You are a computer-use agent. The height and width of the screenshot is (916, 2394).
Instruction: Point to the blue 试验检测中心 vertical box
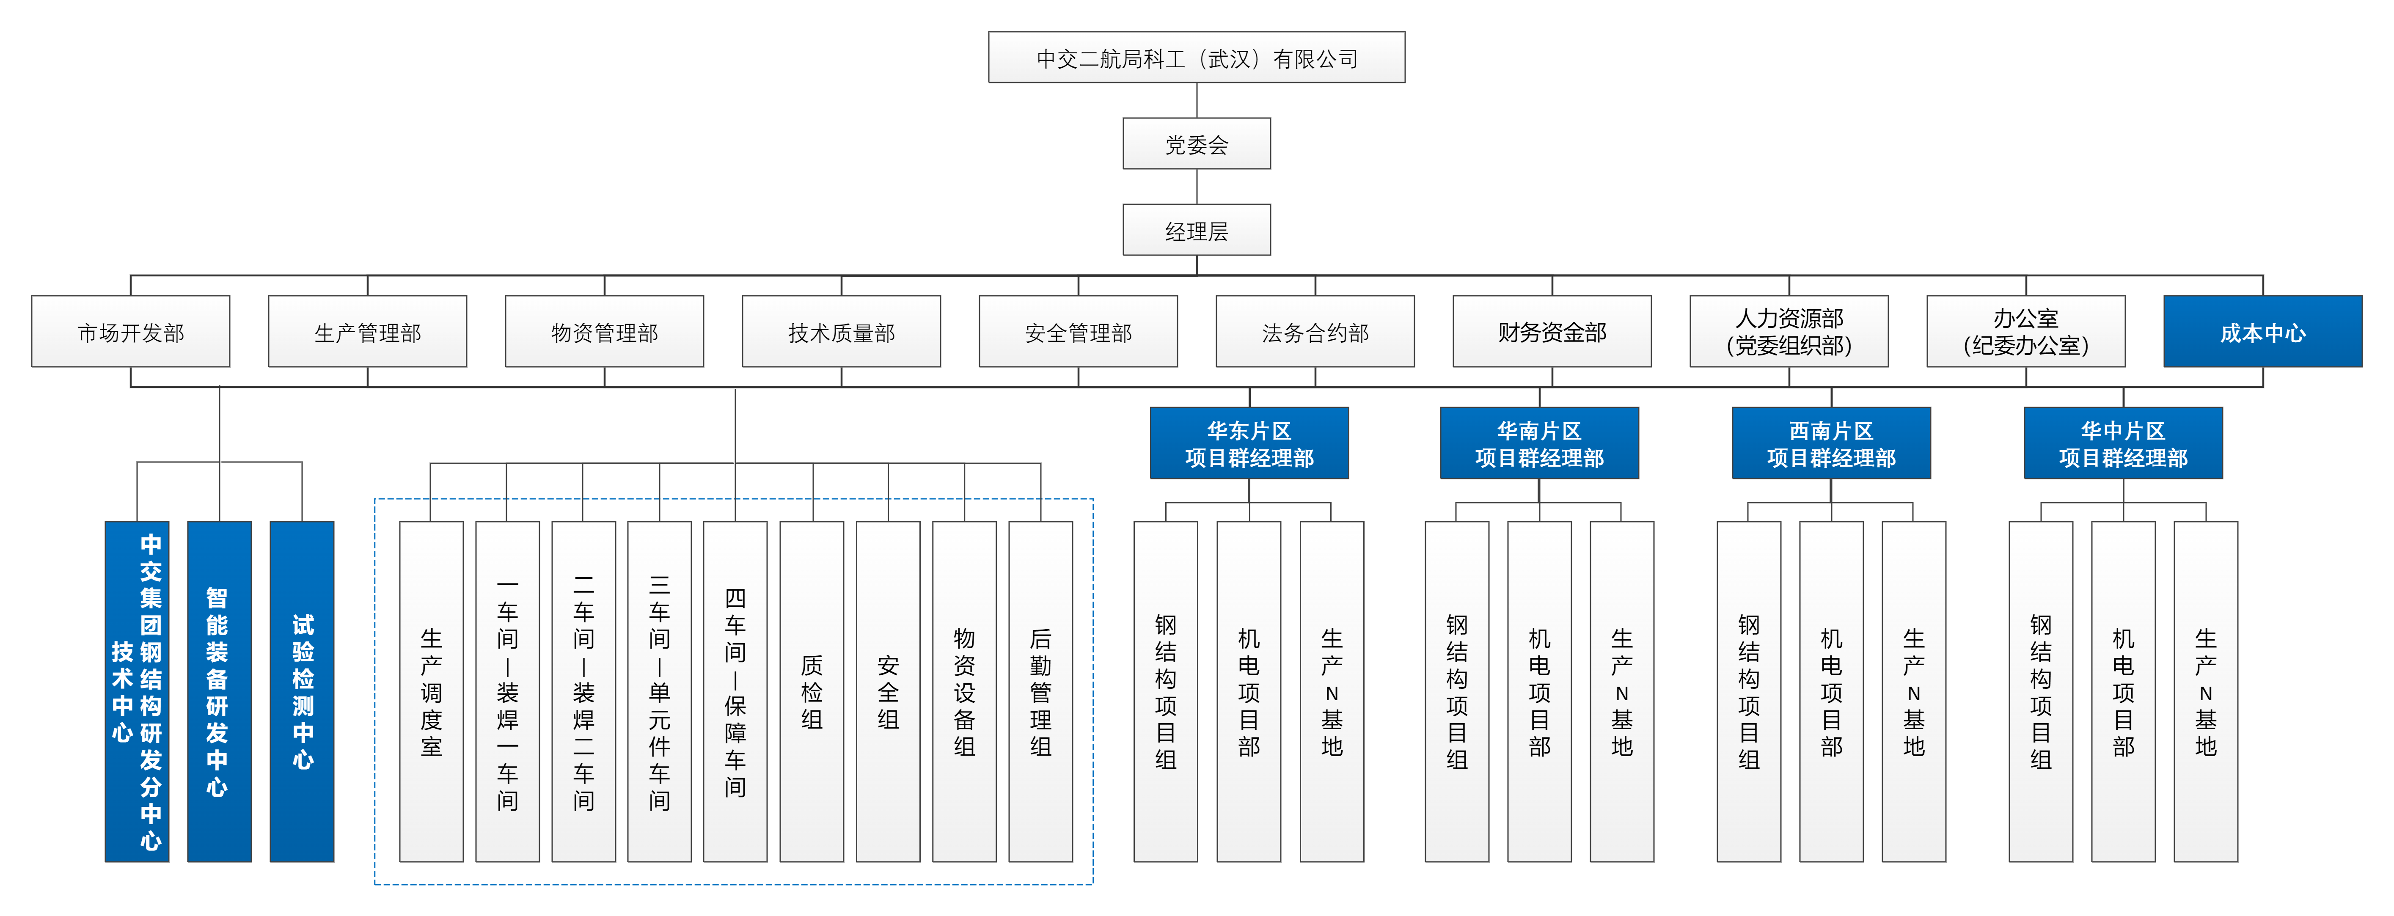click(302, 691)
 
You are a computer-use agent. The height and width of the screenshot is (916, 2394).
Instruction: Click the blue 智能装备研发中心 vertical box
click(219, 691)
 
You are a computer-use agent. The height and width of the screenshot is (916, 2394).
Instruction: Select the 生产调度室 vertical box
click(431, 691)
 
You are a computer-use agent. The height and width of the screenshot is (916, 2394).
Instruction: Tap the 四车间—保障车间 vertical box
click(735, 691)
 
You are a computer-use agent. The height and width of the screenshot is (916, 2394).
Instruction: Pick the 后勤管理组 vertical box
click(1041, 691)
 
